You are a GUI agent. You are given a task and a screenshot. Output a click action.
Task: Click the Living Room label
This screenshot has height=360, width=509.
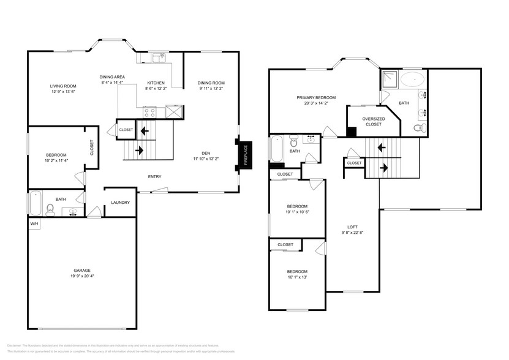click(62, 86)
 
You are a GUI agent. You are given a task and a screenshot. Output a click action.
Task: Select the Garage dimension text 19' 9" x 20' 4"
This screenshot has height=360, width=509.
click(82, 276)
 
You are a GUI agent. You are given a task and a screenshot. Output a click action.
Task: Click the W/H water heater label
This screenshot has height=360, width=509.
click(34, 224)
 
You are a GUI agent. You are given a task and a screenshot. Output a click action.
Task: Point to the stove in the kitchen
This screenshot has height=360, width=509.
click(150, 111)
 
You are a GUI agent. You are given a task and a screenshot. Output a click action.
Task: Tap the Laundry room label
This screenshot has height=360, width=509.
click(119, 203)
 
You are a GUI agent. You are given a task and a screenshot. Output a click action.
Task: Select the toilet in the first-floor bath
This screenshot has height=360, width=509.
click(50, 209)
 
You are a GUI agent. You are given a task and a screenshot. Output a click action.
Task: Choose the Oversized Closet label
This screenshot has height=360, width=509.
click(373, 121)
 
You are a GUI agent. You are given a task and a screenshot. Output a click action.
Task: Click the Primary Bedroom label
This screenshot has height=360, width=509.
click(315, 97)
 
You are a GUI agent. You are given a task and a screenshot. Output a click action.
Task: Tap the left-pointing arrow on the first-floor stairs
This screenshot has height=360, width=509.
click(145, 130)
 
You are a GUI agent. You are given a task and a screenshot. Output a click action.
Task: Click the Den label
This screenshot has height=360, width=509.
click(206, 153)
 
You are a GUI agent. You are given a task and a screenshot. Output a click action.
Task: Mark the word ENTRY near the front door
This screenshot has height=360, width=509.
click(154, 177)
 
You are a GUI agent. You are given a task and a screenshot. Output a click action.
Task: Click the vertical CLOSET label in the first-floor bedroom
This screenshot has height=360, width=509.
click(92, 148)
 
